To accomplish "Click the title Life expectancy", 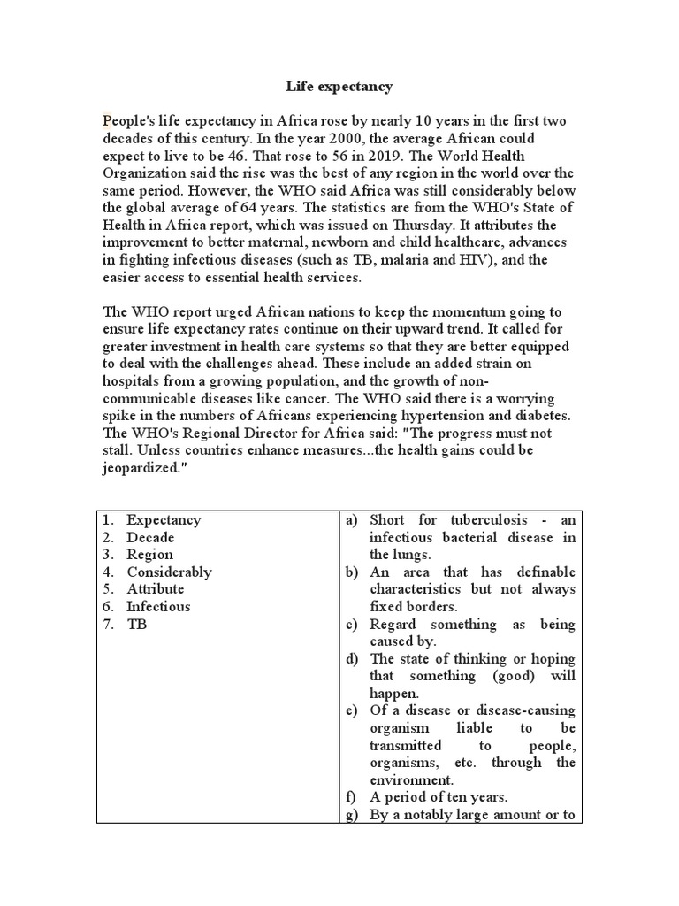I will tap(339, 87).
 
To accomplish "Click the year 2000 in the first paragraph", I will tap(305, 139).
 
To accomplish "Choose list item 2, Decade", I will tap(150, 537).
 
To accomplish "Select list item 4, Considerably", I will tap(169, 572).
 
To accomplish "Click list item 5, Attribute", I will tap(155, 589).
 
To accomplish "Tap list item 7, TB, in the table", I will tap(136, 624).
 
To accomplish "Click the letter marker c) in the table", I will tap(352, 624).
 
